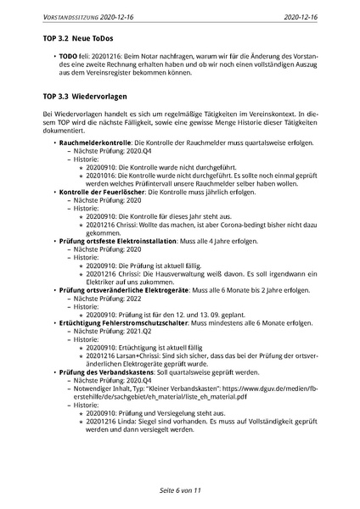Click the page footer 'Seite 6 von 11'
(x=179, y=490)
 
